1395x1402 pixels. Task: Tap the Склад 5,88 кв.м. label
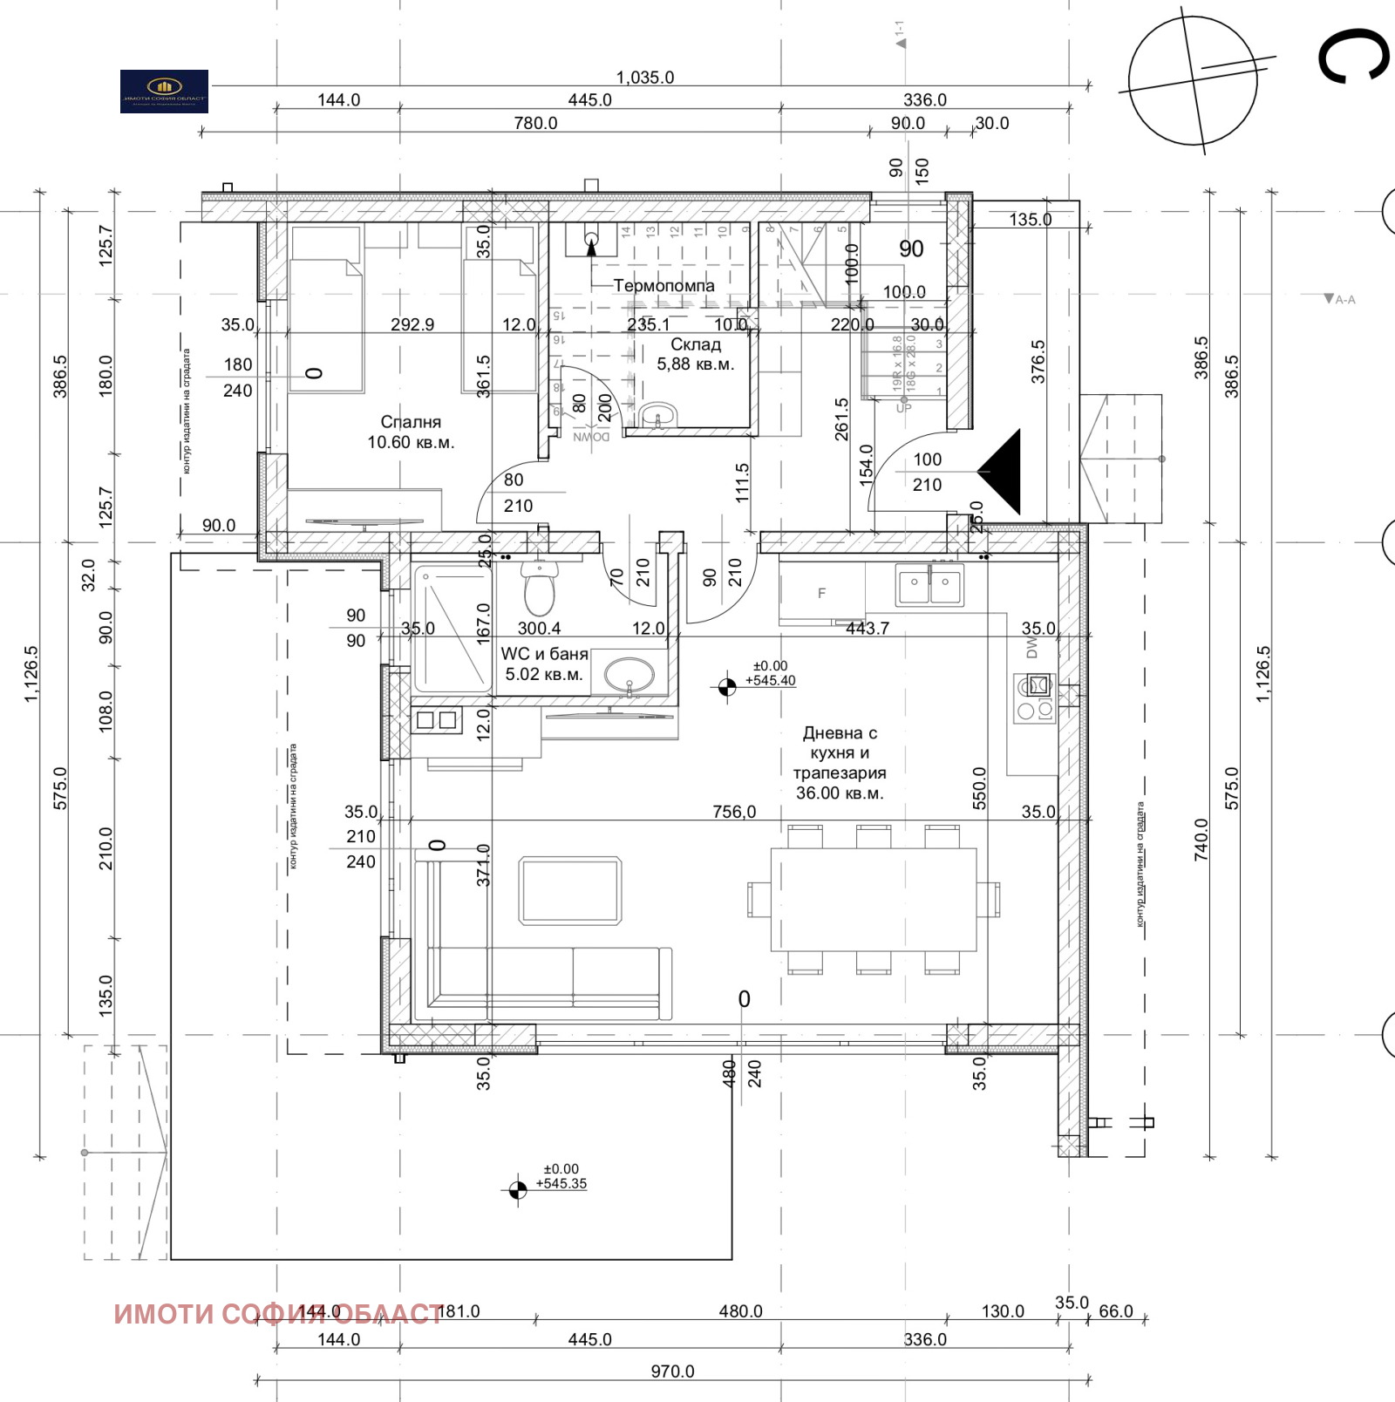tap(695, 354)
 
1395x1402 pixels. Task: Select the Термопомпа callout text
tap(663, 286)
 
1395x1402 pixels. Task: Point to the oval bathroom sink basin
tap(629, 674)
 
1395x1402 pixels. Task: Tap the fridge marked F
tap(821, 594)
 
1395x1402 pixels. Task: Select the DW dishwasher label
tap(1032, 647)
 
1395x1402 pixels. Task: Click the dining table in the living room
tap(873, 899)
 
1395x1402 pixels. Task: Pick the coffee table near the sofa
tap(570, 890)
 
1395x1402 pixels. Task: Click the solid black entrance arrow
tap(1003, 471)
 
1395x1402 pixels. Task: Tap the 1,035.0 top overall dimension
tap(645, 78)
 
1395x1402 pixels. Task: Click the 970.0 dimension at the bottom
tap(672, 1371)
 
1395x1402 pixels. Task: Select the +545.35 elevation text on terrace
tap(561, 1184)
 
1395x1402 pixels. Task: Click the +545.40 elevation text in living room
tap(771, 681)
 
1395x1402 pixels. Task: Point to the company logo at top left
tap(164, 91)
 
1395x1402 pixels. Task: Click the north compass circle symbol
tap(1193, 80)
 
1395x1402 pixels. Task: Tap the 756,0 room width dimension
tap(734, 812)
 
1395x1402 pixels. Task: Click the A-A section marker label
tap(1341, 299)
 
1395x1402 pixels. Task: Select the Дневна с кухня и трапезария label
tap(839, 763)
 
